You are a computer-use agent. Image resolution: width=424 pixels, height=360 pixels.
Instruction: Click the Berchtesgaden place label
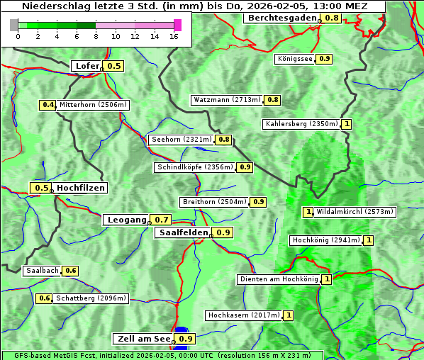point(281,18)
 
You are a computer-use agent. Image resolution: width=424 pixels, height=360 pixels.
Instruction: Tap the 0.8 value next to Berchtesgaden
point(331,18)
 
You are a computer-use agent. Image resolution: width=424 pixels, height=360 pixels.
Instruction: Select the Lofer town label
point(87,66)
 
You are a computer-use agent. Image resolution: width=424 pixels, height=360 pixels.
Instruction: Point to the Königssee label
point(295,59)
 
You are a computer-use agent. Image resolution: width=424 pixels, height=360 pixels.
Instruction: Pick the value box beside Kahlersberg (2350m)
point(347,124)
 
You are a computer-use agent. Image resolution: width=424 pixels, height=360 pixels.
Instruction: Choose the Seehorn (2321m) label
point(182,140)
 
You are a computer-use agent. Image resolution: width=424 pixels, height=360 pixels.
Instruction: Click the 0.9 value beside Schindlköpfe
point(245,167)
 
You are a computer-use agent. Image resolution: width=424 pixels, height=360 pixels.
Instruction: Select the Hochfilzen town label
point(81,188)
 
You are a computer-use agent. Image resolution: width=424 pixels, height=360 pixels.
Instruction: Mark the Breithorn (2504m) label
point(214,202)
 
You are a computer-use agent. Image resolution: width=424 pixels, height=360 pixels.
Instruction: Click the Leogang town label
point(127,220)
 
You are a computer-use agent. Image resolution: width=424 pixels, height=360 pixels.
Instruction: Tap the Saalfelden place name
point(183,232)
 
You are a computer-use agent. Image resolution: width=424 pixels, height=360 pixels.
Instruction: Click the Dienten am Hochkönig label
point(278,279)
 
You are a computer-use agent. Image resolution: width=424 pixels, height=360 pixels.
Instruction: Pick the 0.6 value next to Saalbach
point(70,271)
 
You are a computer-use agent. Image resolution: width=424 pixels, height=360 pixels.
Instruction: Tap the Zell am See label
point(143,339)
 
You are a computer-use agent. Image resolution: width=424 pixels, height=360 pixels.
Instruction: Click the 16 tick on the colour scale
point(174,36)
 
